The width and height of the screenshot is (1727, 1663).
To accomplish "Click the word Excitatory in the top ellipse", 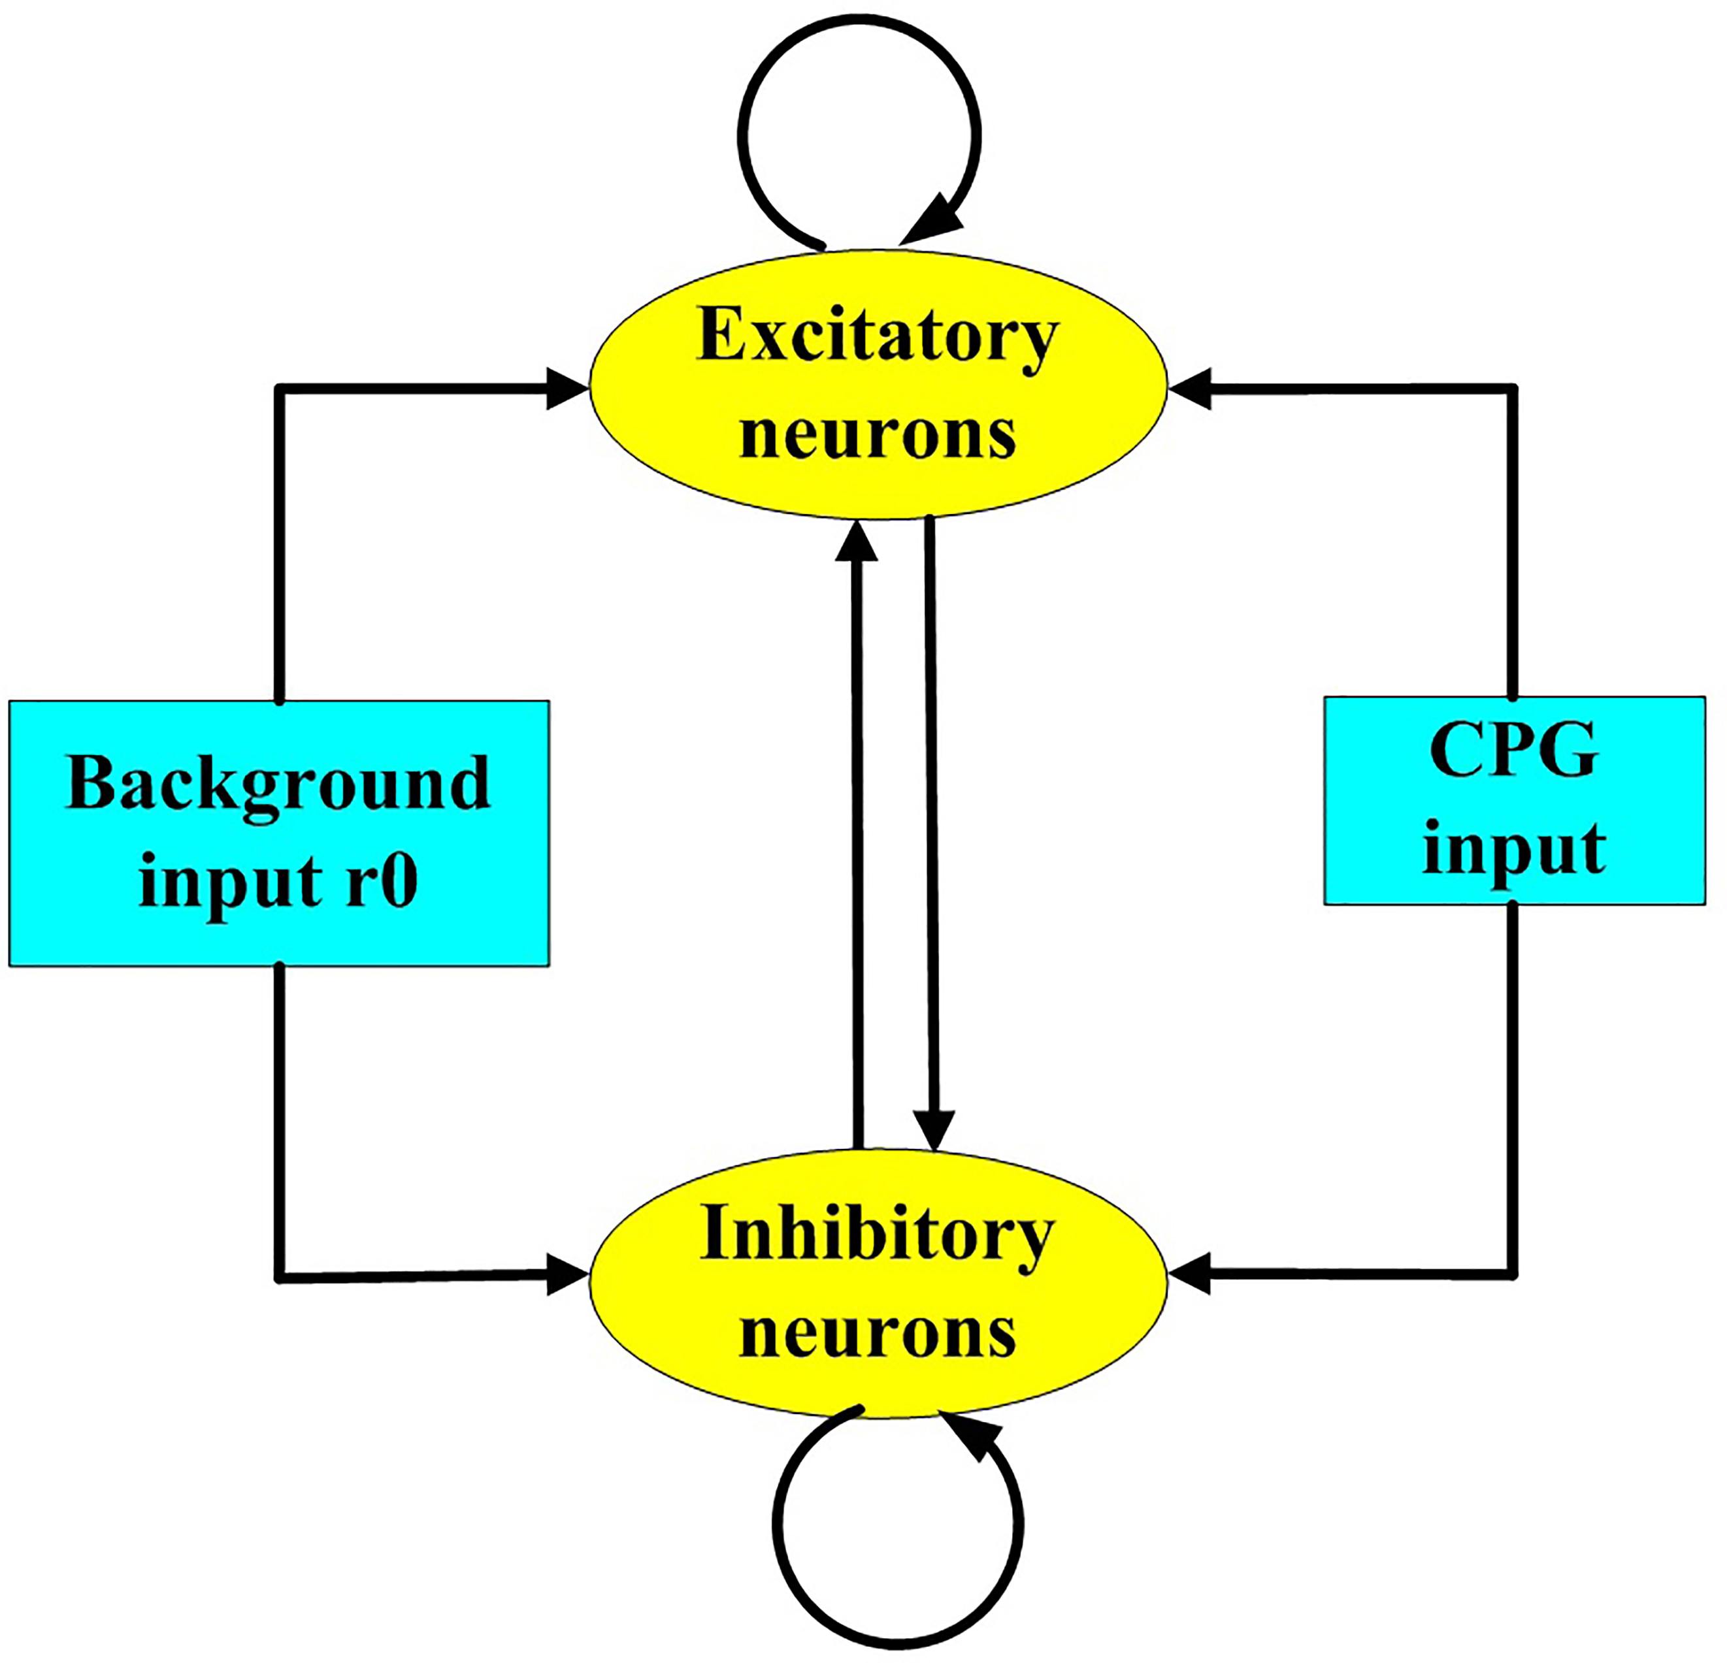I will point(877,337).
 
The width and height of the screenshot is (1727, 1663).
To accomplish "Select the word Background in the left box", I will point(278,784).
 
